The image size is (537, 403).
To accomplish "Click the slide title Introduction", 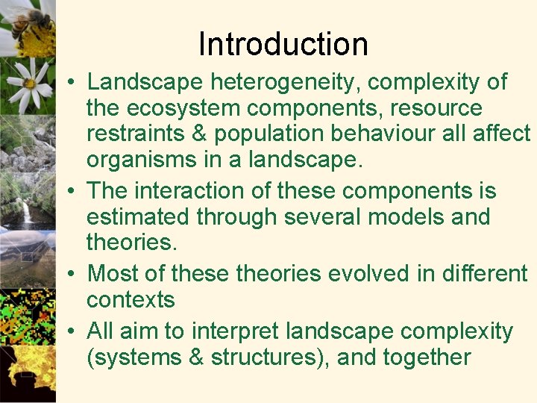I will click(x=283, y=44).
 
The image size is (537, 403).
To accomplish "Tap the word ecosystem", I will click(x=184, y=108).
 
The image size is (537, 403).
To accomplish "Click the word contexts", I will click(x=131, y=300).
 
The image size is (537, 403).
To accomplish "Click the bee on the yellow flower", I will click(x=30, y=20).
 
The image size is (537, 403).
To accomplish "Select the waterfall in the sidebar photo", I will click(x=27, y=211).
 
